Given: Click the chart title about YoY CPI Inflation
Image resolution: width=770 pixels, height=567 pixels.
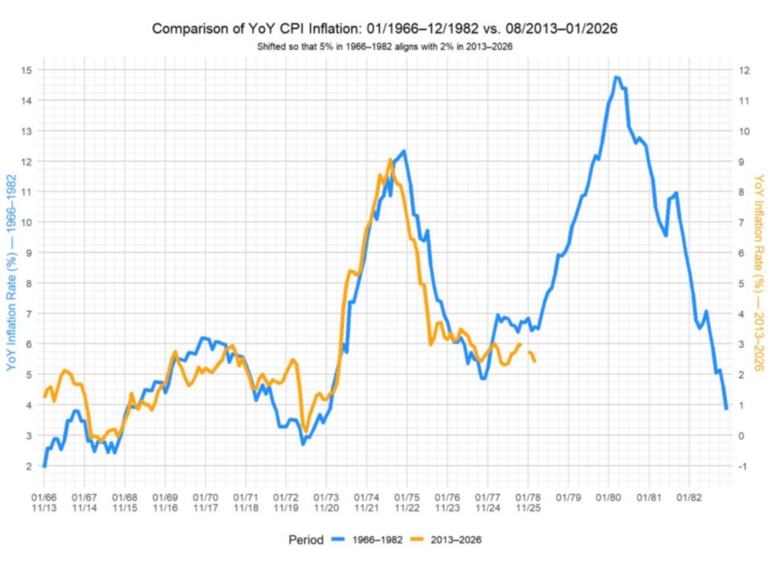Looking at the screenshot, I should [385, 29].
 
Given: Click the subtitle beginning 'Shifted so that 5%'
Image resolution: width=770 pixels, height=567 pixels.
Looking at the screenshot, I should [385, 47].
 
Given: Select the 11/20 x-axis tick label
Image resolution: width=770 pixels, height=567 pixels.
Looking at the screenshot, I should [327, 507].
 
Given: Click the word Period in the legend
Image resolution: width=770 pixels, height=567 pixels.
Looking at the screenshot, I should [306, 540].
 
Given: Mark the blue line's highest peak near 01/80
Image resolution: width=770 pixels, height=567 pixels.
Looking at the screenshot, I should [616, 77].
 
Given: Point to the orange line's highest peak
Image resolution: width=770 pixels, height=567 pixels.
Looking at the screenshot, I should [390, 160].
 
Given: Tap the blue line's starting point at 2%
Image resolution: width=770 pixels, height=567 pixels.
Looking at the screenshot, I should [44, 466].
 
